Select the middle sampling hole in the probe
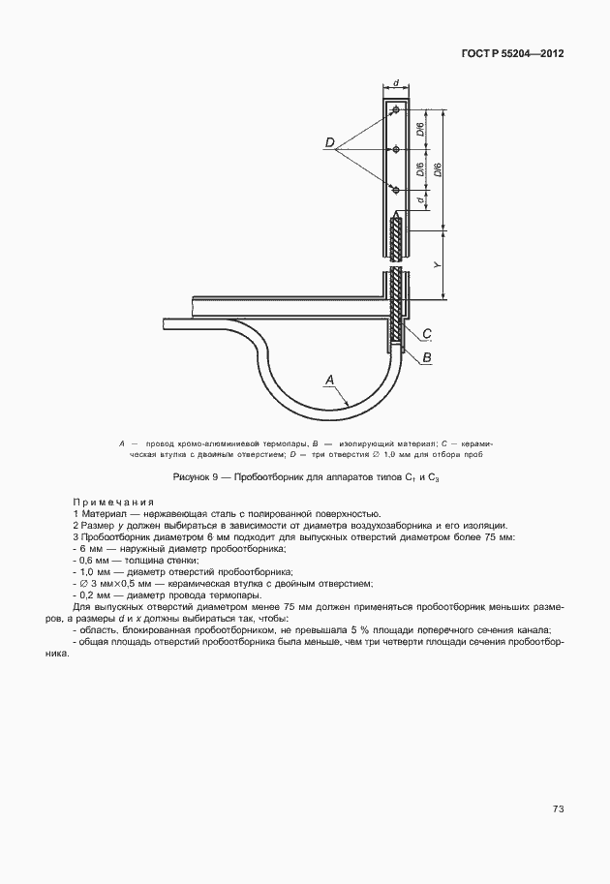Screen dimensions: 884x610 click(396, 149)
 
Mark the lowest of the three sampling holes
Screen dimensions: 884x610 click(396, 188)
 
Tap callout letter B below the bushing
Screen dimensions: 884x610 click(427, 357)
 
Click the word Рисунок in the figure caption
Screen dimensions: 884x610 click(194, 478)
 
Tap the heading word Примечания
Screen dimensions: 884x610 click(114, 503)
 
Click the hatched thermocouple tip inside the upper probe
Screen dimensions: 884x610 click(395, 237)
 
